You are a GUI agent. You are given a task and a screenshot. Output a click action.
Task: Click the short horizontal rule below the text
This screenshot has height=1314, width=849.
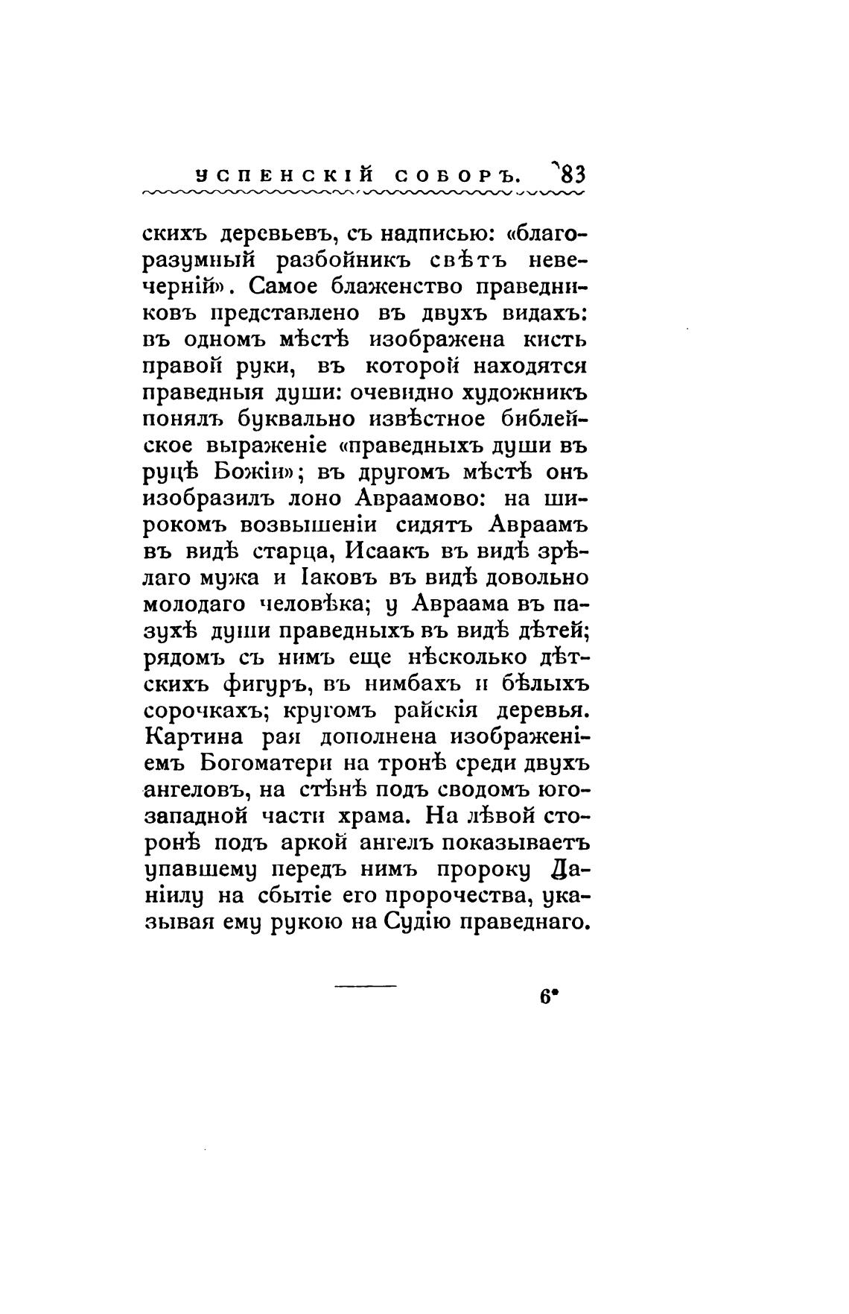coord(366,988)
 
